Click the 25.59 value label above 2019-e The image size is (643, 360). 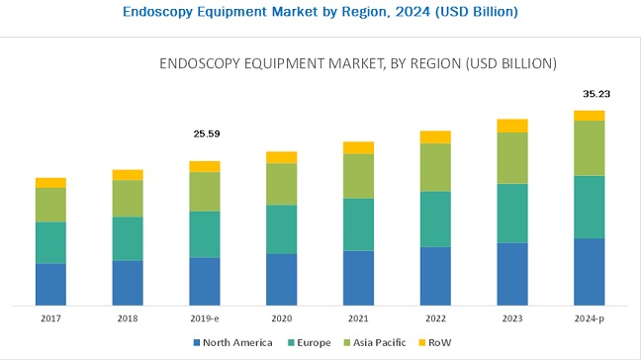tap(205, 132)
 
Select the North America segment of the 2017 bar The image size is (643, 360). tap(50, 284)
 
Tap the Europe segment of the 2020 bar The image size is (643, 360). tap(282, 229)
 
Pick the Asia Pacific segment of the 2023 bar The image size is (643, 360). tap(512, 157)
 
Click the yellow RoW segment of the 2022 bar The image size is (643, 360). tap(435, 136)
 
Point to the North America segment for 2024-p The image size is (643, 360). tap(589, 271)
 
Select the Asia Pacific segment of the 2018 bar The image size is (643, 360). tap(128, 198)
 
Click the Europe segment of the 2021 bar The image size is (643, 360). tap(358, 225)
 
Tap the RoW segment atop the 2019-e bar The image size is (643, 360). tap(205, 166)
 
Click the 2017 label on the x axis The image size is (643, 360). tap(50, 319)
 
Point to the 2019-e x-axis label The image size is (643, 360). tap(205, 319)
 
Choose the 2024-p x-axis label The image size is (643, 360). tap(589, 319)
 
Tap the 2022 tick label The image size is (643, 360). tap(435, 319)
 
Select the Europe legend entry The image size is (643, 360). tap(311, 343)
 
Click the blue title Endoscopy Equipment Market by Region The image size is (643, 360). tap(321, 12)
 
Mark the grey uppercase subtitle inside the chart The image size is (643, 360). tap(358, 63)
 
